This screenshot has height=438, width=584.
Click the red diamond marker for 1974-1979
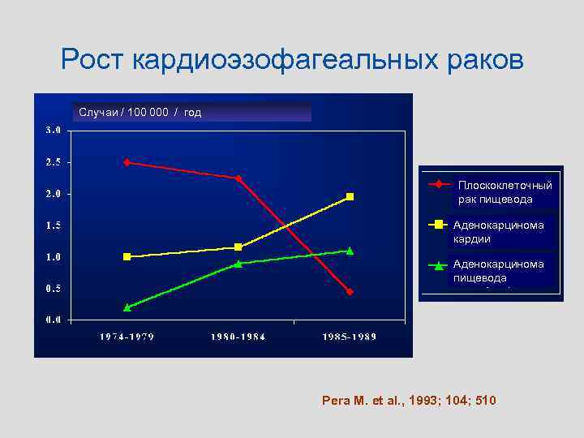(x=127, y=162)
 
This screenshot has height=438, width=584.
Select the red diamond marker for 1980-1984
(x=238, y=178)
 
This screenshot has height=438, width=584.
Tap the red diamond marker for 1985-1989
(x=350, y=291)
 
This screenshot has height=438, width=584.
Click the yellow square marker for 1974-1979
(x=127, y=256)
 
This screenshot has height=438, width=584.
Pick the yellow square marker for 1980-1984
(x=238, y=247)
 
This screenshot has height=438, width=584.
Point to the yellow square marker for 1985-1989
(x=350, y=196)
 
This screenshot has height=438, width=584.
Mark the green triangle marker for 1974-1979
(x=127, y=307)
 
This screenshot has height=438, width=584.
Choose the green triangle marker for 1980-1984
(x=238, y=264)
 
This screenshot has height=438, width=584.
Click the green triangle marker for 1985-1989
(x=350, y=251)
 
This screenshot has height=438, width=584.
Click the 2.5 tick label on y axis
(x=53, y=162)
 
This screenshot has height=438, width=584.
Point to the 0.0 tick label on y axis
(x=53, y=320)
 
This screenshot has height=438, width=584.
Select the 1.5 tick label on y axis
(x=53, y=225)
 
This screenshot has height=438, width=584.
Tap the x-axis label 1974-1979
(x=127, y=336)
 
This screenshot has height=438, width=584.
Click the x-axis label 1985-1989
(x=350, y=336)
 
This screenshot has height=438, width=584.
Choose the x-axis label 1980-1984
(x=238, y=336)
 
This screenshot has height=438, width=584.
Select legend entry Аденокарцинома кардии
(x=498, y=231)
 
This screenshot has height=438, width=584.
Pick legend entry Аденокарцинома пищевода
(x=498, y=270)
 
